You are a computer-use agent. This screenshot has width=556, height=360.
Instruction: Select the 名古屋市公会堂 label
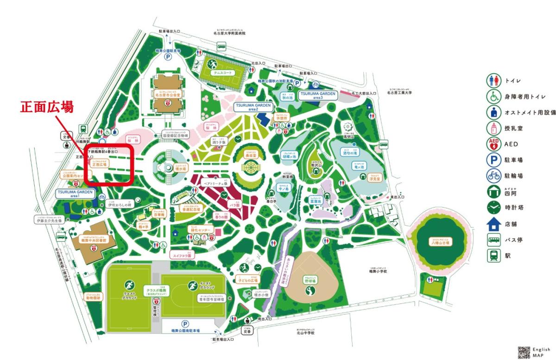165,95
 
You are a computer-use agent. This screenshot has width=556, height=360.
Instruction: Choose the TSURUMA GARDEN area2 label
253,107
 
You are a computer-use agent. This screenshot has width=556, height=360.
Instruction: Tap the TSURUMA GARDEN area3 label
317,95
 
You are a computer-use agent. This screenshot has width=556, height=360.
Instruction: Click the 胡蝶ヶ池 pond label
290,157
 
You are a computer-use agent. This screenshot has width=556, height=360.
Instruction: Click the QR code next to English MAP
523,352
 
